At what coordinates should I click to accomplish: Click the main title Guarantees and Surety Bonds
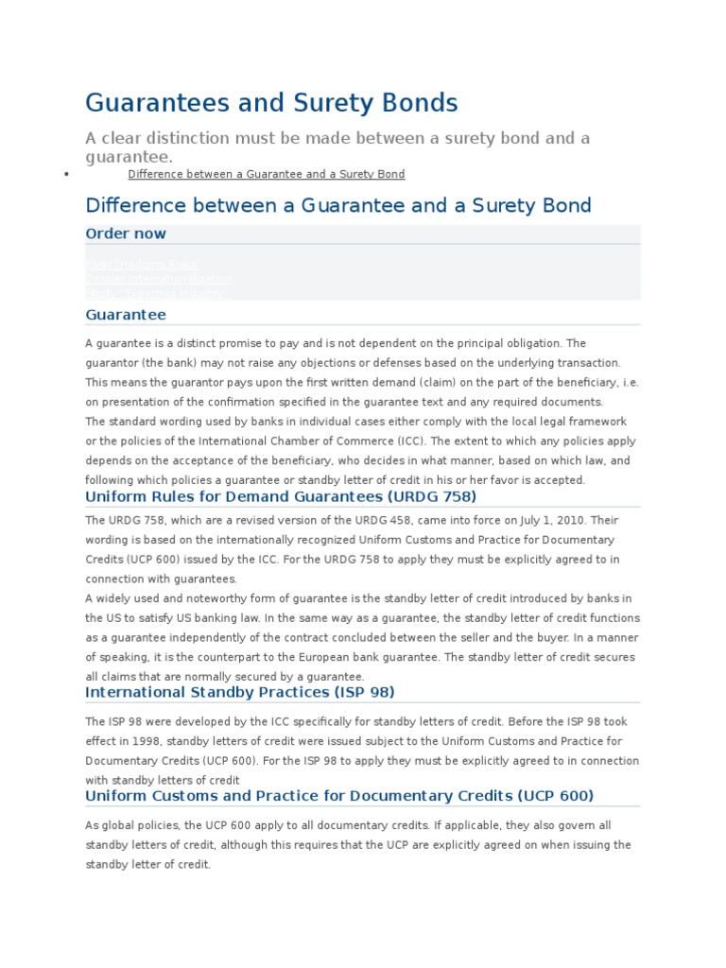pyautogui.click(x=271, y=102)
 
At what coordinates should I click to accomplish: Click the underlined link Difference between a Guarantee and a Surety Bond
pyautogui.click(x=266, y=174)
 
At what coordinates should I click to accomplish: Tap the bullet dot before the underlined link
pyautogui.click(x=66, y=175)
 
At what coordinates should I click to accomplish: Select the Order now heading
pyautogui.click(x=125, y=233)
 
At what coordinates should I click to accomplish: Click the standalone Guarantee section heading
pyautogui.click(x=125, y=315)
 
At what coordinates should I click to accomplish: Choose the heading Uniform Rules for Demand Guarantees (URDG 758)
pyautogui.click(x=281, y=496)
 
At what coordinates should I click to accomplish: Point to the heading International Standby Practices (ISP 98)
pyautogui.click(x=239, y=692)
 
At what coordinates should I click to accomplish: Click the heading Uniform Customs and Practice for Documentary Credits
pyautogui.click(x=339, y=796)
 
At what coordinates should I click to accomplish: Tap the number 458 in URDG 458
pyautogui.click(x=442, y=520)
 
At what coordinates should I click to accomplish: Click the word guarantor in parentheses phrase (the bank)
pyautogui.click(x=112, y=363)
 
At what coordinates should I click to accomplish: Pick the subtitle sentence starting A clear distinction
pyautogui.click(x=337, y=147)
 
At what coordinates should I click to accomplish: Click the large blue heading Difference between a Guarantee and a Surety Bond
pyautogui.click(x=337, y=205)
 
